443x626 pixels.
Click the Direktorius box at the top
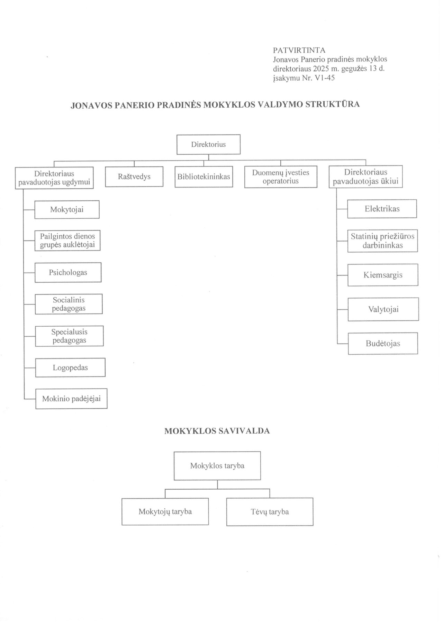pos(208,144)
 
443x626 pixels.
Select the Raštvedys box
pos(134,177)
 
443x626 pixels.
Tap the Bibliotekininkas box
pos(204,177)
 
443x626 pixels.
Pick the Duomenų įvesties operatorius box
pos(281,177)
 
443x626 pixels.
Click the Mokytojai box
pos(67,209)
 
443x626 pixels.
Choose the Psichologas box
pos(68,272)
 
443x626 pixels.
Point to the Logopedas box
pos(70,368)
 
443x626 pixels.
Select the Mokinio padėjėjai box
pos(71,399)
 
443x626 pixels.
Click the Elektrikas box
pos(382,209)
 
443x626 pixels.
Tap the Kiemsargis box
pos(383,275)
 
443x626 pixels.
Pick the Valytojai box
pos(383,309)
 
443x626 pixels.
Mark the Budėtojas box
pos(383,344)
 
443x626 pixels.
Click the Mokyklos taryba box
pos(217,466)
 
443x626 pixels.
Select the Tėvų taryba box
pos(270,512)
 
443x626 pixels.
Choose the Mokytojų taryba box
pos(165,511)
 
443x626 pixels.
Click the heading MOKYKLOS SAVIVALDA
pos(217,431)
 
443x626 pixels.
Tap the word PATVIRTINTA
pos(299,51)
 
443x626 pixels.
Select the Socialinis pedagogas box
pos(69,304)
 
